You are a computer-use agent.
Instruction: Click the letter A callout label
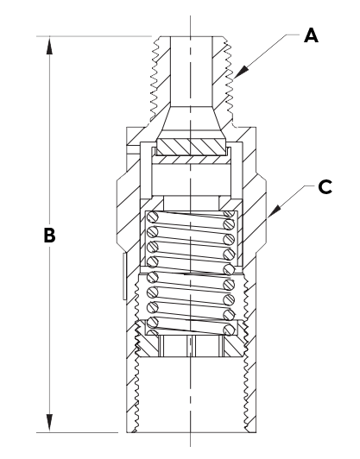[x=311, y=35]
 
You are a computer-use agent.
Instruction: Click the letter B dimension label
[x=49, y=235]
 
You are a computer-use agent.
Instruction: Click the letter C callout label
[x=325, y=186]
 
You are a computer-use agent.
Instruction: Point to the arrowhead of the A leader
[x=241, y=72]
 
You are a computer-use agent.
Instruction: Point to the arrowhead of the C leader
[x=274, y=211]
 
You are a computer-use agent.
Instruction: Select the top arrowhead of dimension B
[x=49, y=46]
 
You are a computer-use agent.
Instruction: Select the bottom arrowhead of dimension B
[x=49, y=423]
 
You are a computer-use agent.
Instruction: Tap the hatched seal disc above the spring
[x=191, y=147]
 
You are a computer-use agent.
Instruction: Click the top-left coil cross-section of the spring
[x=152, y=217]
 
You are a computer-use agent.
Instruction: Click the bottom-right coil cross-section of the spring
[x=229, y=330]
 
